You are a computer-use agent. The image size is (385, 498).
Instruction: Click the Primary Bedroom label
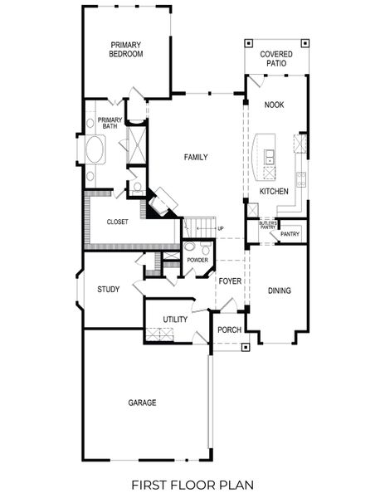126,49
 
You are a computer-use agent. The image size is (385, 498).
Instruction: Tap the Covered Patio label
276,59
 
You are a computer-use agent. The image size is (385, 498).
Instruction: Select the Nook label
274,105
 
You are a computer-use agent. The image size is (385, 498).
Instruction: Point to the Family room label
196,157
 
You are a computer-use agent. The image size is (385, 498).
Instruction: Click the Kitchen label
274,192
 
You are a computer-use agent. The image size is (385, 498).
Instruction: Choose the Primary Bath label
110,124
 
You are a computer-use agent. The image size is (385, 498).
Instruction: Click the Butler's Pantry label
266,225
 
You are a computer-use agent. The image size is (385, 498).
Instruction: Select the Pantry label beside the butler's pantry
290,234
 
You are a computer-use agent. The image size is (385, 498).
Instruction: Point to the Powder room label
197,261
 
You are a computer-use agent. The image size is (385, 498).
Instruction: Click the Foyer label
230,281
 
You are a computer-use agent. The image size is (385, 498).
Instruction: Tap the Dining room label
279,290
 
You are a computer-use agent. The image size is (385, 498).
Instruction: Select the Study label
108,290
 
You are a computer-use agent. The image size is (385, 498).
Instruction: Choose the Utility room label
174,320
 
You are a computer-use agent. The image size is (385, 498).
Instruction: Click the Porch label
229,330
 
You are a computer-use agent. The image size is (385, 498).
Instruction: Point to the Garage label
142,403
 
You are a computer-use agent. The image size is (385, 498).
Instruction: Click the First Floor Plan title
192,484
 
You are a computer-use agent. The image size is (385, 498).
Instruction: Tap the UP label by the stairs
220,228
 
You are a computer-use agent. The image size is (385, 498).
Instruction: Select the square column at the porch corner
244,346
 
